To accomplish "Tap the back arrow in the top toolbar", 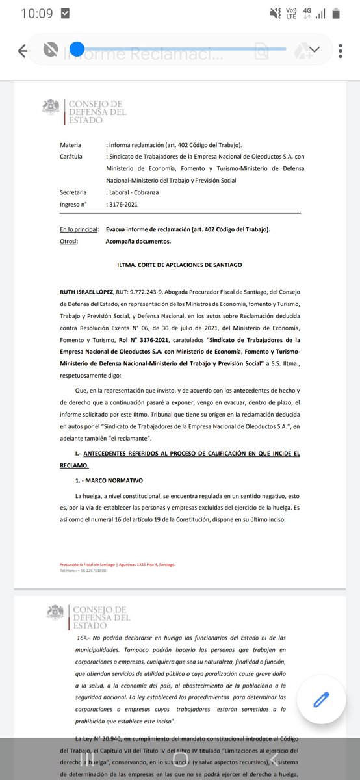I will [x=23, y=51].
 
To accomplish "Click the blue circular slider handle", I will [x=77, y=49].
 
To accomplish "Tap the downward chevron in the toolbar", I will [x=315, y=49].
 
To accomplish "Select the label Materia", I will [x=71, y=144].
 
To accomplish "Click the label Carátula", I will [x=72, y=157].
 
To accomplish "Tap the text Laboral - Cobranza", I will [x=134, y=192].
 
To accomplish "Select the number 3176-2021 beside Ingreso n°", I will [x=123, y=205].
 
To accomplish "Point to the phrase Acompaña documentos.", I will [x=138, y=241].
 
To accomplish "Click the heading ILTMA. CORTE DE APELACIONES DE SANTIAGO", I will [x=180, y=265].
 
